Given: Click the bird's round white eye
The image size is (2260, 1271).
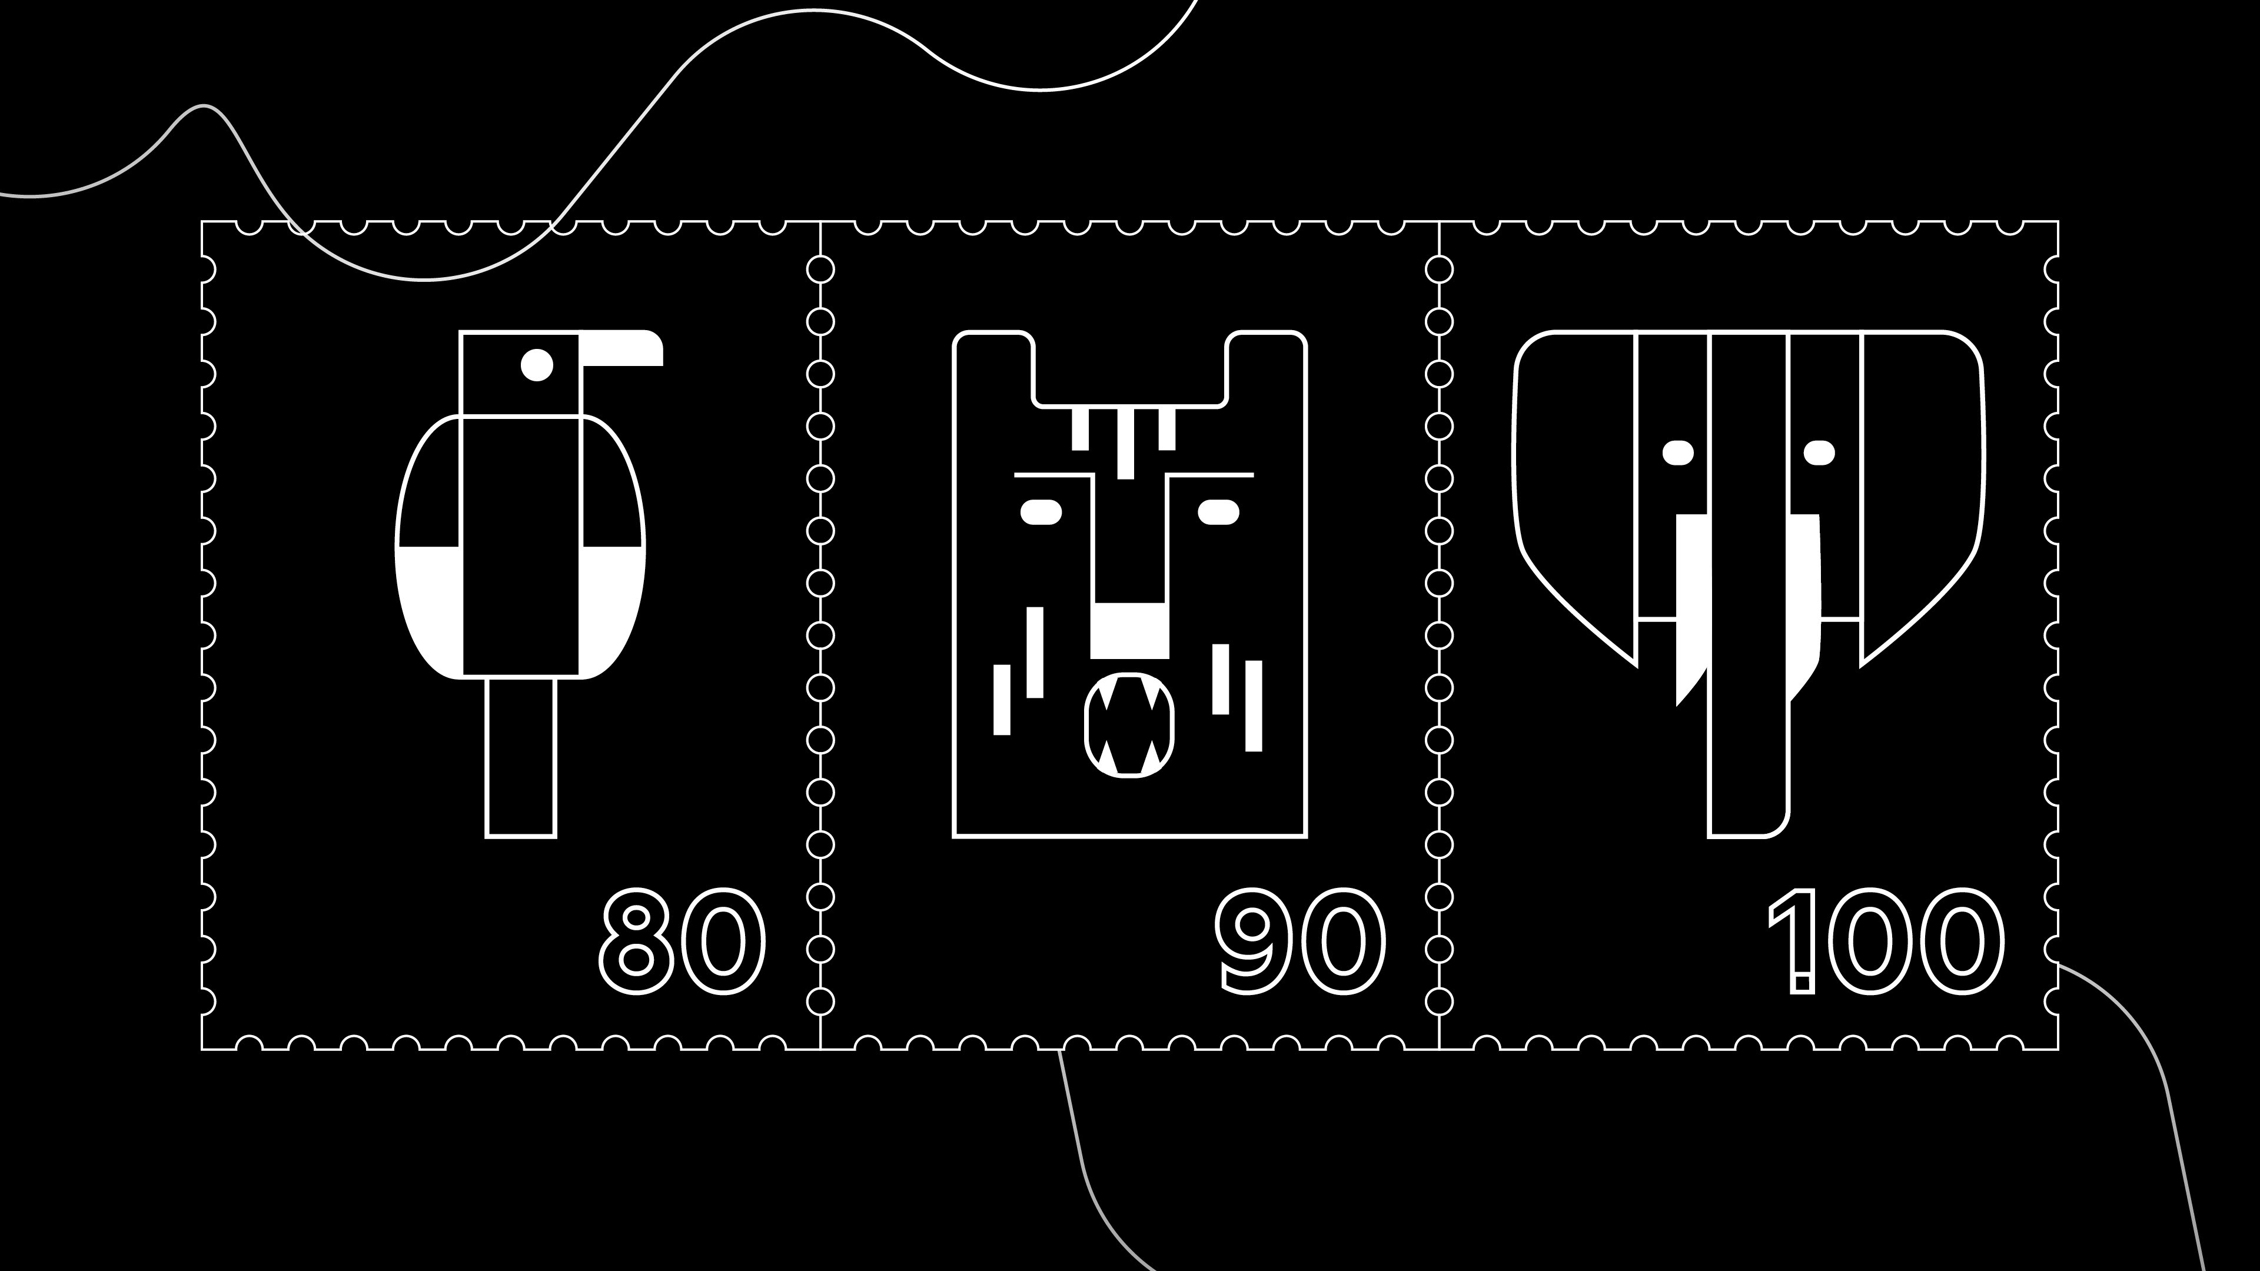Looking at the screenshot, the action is (537, 365).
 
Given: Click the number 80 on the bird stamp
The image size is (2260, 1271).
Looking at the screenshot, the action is (682, 941).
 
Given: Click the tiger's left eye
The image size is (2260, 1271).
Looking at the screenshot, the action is (1041, 511).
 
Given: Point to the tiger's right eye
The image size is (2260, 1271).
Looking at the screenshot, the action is (1219, 511).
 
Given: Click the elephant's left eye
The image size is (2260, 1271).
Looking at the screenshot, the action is (1679, 452).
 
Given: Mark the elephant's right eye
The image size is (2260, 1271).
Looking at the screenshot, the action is (1819, 452).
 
